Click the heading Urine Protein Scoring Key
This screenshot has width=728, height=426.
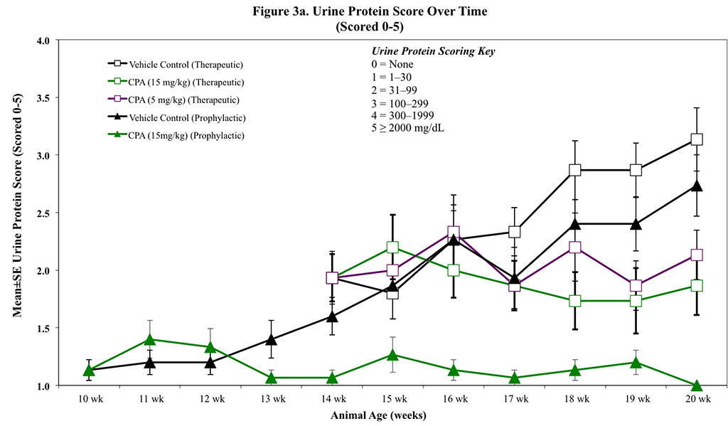[434, 52]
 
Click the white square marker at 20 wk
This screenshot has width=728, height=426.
[697, 140]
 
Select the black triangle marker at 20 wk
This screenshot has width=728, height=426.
[697, 186]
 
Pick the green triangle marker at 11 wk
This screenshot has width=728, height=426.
[149, 340]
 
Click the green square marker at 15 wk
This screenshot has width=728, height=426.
[392, 247]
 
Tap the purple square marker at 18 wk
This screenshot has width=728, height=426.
[575, 247]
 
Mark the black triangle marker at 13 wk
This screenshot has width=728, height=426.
[271, 339]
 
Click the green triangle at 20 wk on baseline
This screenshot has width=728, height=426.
[697, 385]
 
